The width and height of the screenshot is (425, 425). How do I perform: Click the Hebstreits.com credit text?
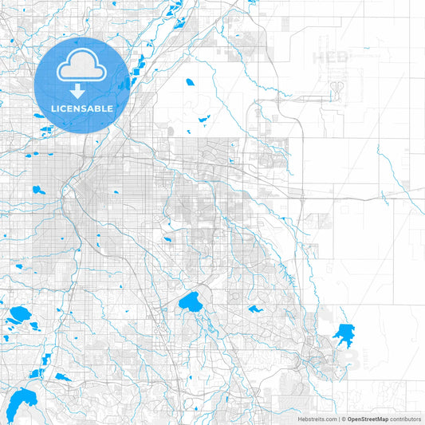pyautogui.click(x=316, y=419)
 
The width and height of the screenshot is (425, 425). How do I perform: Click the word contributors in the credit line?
pyautogui.click(x=406, y=419)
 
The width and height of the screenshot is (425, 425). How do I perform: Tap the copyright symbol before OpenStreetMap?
pyautogui.click(x=344, y=419)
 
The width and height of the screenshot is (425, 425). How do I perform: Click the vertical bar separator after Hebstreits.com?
pyautogui.click(x=338, y=419)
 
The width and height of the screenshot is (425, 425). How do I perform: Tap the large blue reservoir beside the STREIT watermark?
pyautogui.click(x=344, y=333)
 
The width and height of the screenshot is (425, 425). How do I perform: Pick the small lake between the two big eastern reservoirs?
pyautogui.click(x=255, y=309)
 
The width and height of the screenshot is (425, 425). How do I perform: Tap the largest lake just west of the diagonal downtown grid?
pyautogui.click(x=37, y=190)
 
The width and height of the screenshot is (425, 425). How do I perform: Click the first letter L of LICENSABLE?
pyautogui.click(x=53, y=108)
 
